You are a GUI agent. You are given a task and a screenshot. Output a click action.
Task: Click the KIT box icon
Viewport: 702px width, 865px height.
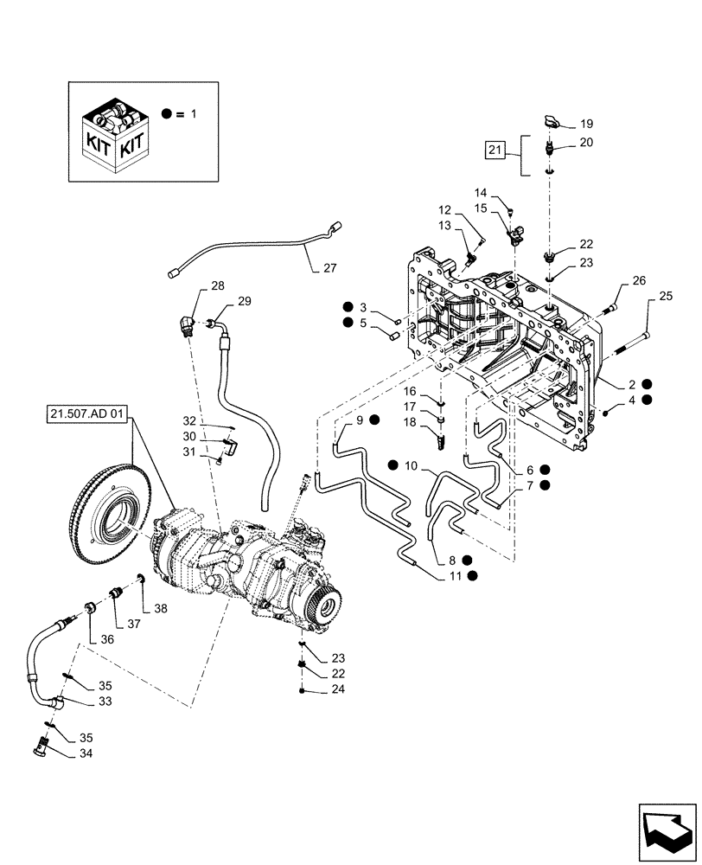pos(113,134)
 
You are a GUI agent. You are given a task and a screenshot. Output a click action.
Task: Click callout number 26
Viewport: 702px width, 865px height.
pos(638,280)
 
